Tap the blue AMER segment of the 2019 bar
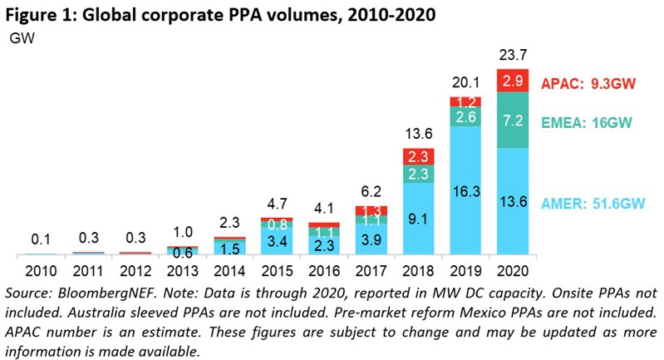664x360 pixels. (x=466, y=190)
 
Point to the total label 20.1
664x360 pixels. (x=466, y=85)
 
